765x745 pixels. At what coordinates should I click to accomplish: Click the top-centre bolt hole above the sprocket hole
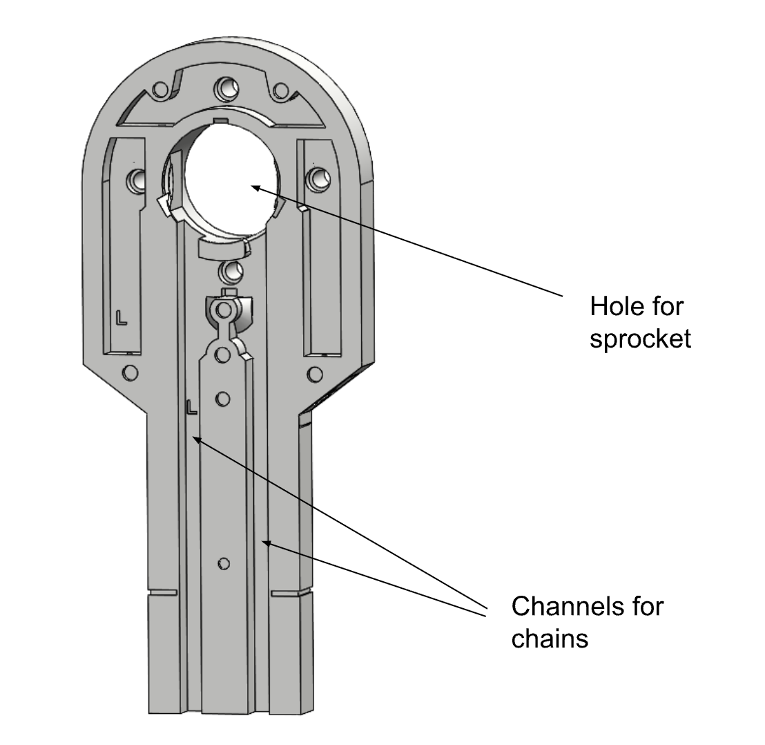224,87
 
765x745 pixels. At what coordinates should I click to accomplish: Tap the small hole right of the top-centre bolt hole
280,90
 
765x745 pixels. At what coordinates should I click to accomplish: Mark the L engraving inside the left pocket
122,317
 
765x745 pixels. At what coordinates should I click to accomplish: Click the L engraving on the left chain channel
191,407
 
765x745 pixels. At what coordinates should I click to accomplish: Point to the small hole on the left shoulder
129,372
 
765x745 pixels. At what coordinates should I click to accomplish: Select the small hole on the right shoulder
314,374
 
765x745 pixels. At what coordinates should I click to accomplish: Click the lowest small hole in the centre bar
222,564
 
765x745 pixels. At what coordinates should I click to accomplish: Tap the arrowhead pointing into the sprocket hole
254,187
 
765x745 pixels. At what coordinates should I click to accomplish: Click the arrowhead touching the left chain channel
196,439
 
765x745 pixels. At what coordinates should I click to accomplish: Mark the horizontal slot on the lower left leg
163,592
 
